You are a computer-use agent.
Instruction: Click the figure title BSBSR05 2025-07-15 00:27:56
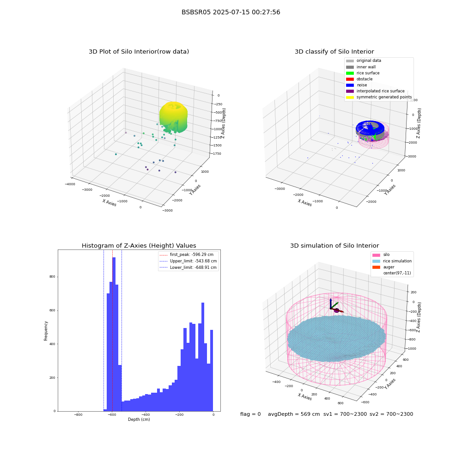click(x=231, y=12)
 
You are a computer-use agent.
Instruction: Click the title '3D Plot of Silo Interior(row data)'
click(x=139, y=52)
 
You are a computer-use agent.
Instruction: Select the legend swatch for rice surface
click(x=350, y=73)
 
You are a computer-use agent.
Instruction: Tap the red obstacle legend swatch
click(x=350, y=79)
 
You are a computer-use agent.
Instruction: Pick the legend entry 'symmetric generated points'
click(x=379, y=97)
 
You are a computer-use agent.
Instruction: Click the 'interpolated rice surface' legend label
click(x=380, y=91)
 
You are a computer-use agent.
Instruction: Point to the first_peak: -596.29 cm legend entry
click(x=187, y=255)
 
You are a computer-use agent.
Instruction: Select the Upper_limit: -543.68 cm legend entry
click(x=188, y=261)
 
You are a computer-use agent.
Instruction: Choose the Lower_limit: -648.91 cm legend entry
click(x=188, y=267)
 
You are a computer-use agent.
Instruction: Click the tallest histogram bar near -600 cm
click(x=114, y=334)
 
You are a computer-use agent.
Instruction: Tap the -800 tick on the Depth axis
click(x=78, y=414)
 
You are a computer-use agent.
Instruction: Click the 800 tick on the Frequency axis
click(x=52, y=277)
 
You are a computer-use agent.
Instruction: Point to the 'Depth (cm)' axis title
click(x=139, y=419)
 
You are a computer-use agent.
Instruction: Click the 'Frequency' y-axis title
click(x=46, y=331)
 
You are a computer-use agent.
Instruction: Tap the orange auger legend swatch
click(x=376, y=267)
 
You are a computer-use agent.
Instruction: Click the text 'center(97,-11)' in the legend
click(x=397, y=273)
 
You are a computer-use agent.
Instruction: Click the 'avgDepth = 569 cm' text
click(x=294, y=414)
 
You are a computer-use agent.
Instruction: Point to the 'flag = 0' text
click(x=250, y=414)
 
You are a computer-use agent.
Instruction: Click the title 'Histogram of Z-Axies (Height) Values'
click(x=139, y=246)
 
